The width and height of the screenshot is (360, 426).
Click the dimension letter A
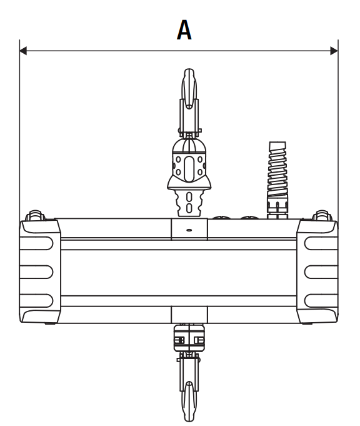184,30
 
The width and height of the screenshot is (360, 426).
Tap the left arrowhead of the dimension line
23,51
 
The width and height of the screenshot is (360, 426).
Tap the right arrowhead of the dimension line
334,51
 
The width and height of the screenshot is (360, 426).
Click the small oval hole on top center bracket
189,230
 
